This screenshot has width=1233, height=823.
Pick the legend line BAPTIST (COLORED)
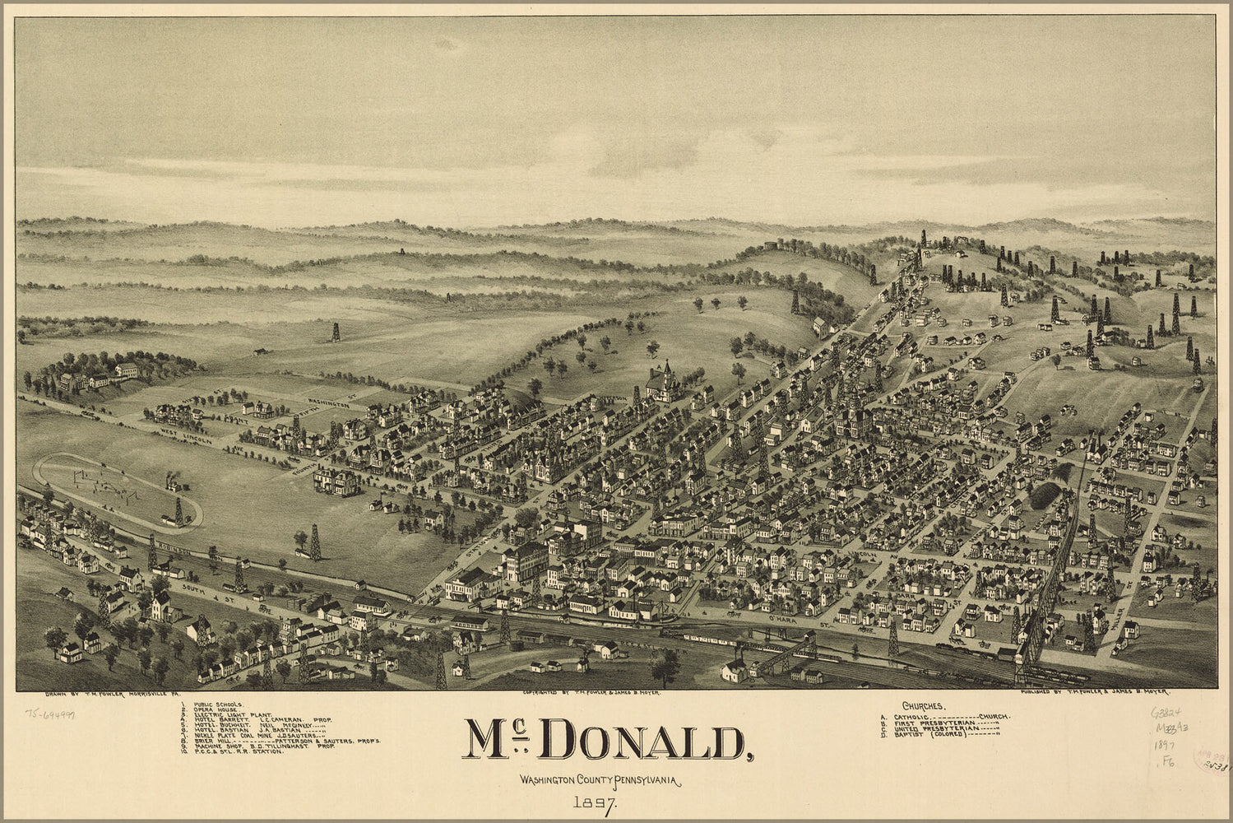(x=941, y=734)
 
